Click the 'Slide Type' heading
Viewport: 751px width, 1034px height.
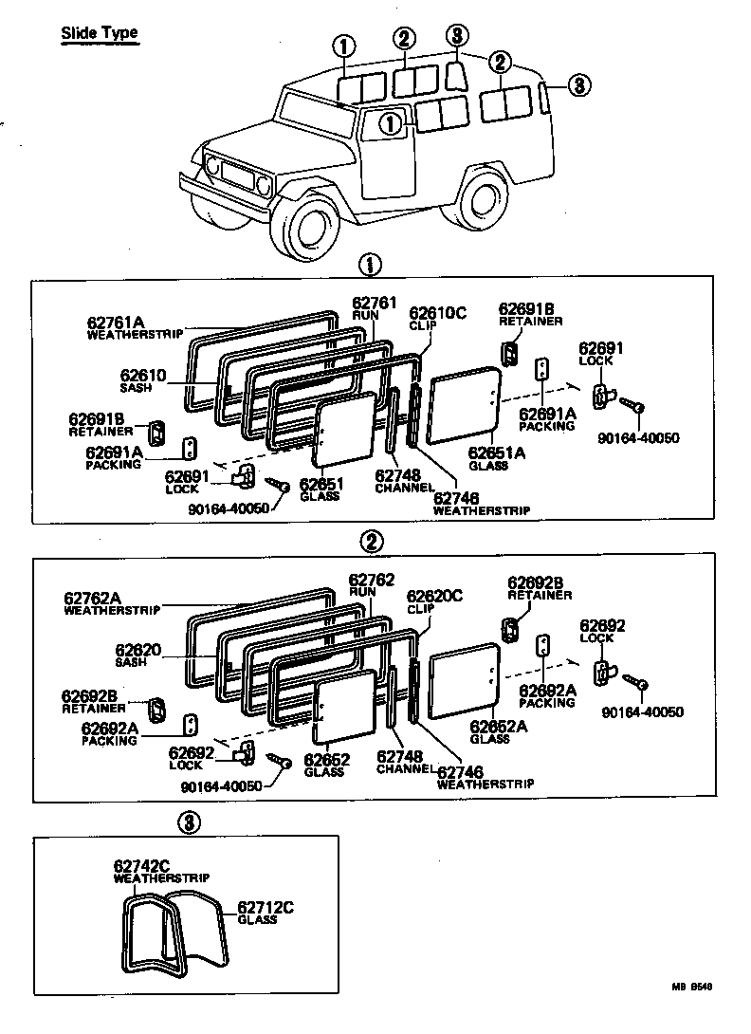(100, 33)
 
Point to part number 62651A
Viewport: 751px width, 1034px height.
(496, 453)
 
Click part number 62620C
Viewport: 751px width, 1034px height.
(434, 596)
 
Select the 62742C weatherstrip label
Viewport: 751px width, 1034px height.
(142, 866)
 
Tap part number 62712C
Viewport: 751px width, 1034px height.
(265, 907)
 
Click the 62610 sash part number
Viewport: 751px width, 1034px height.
(143, 376)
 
